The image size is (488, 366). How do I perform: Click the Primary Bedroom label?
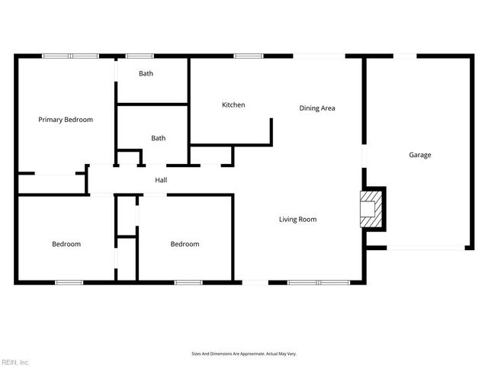pos(66,120)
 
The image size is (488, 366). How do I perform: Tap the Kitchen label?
pos(233,105)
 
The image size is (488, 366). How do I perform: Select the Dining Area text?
pos(317,108)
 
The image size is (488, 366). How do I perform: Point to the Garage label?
pos(420,155)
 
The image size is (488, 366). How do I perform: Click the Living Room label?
pos(297,220)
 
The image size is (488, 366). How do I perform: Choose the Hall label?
pos(161,180)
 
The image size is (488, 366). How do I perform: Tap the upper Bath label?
pos(146,74)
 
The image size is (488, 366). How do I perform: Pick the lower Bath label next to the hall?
pos(158,138)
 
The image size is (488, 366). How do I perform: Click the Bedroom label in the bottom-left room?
pos(66,244)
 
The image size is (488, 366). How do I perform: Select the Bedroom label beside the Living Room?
pos(185,244)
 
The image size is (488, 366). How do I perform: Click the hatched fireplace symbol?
pos(369,209)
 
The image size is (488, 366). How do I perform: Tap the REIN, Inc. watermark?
pos(15,361)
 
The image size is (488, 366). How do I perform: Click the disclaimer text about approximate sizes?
pos(244,354)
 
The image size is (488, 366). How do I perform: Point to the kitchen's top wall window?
pos(248,56)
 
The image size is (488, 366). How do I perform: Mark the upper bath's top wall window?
pos(139,56)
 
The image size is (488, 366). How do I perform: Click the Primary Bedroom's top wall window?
pos(70,56)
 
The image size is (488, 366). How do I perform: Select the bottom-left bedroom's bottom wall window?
pos(69,283)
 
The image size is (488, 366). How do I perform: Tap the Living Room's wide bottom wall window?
pos(318,283)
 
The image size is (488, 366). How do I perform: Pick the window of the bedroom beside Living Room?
pos(188,283)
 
